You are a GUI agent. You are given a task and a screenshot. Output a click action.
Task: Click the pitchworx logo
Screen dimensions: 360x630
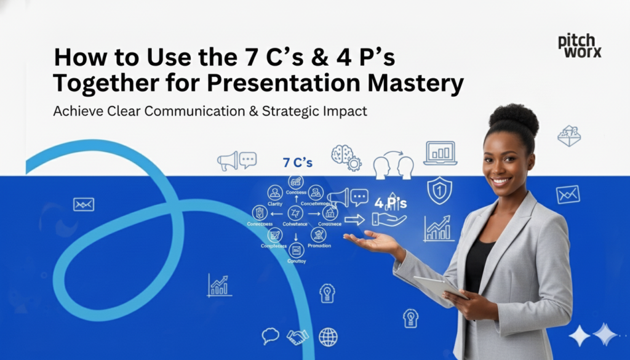579,46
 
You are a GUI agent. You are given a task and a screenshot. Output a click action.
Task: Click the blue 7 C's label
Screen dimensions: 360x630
297,163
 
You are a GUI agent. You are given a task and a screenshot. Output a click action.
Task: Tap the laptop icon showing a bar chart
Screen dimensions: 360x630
440,153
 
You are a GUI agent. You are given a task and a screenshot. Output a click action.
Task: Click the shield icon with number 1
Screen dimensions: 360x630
439,190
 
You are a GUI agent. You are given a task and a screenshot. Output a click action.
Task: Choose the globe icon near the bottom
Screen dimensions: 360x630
328,337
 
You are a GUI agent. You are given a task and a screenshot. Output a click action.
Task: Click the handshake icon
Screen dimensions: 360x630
298,337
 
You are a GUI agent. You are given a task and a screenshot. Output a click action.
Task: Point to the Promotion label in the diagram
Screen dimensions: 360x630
319,246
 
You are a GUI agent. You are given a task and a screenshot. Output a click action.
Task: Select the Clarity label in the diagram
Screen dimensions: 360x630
275,204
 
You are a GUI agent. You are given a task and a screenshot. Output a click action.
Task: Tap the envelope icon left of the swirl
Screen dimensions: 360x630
84,204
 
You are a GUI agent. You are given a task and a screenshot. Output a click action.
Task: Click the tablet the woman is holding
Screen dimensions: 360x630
436,287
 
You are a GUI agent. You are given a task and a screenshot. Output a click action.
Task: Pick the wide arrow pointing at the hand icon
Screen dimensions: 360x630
354,220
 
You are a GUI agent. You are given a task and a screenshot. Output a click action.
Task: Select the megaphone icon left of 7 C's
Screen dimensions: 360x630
228,161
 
